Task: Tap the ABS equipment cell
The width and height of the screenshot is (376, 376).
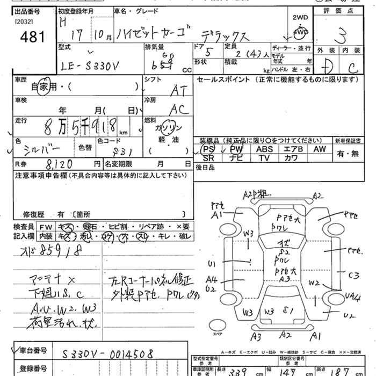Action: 264,149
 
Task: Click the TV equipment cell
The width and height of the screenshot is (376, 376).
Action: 264,158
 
